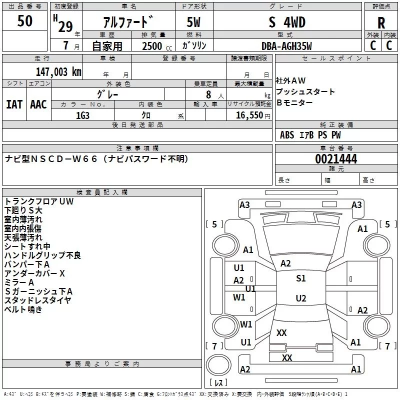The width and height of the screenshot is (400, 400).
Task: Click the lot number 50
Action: [25, 21]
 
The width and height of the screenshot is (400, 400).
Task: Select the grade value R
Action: [381, 23]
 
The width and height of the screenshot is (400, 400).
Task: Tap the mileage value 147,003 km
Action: [58, 72]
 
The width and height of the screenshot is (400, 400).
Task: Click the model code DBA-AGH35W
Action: [286, 46]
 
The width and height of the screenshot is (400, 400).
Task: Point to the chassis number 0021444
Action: [336, 159]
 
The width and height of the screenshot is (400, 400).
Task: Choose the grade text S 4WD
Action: [287, 22]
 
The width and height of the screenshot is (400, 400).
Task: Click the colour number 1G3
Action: [82, 114]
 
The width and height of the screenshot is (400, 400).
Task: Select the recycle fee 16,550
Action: [249, 114]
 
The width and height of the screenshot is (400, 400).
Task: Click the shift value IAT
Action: [14, 104]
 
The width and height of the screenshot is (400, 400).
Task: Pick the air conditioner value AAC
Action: [38, 104]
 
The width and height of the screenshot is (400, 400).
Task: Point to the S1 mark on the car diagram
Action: [301, 278]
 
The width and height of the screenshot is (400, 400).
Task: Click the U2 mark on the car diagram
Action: [301, 298]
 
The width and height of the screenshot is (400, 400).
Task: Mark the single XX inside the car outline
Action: [281, 332]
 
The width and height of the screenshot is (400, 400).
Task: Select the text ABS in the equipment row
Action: [287, 135]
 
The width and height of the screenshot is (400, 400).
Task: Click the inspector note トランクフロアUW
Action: [39, 201]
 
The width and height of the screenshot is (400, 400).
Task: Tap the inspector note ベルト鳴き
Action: [23, 309]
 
